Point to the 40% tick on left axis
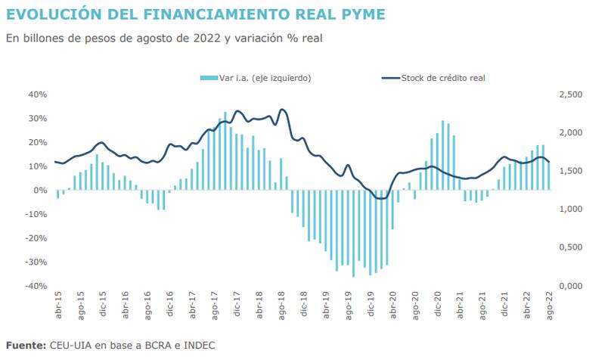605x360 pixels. pyautogui.click(x=38, y=95)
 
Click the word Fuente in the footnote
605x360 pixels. pyautogui.click(x=25, y=346)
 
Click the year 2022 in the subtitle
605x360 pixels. pyautogui.click(x=205, y=39)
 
